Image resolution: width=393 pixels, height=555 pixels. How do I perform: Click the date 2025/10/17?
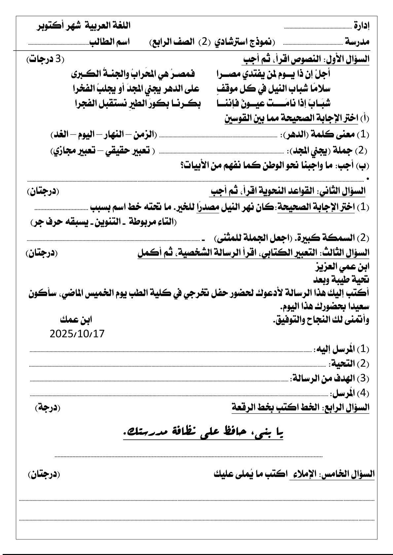(x=77, y=334)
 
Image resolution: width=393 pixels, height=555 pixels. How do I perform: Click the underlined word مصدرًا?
(x=208, y=207)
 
